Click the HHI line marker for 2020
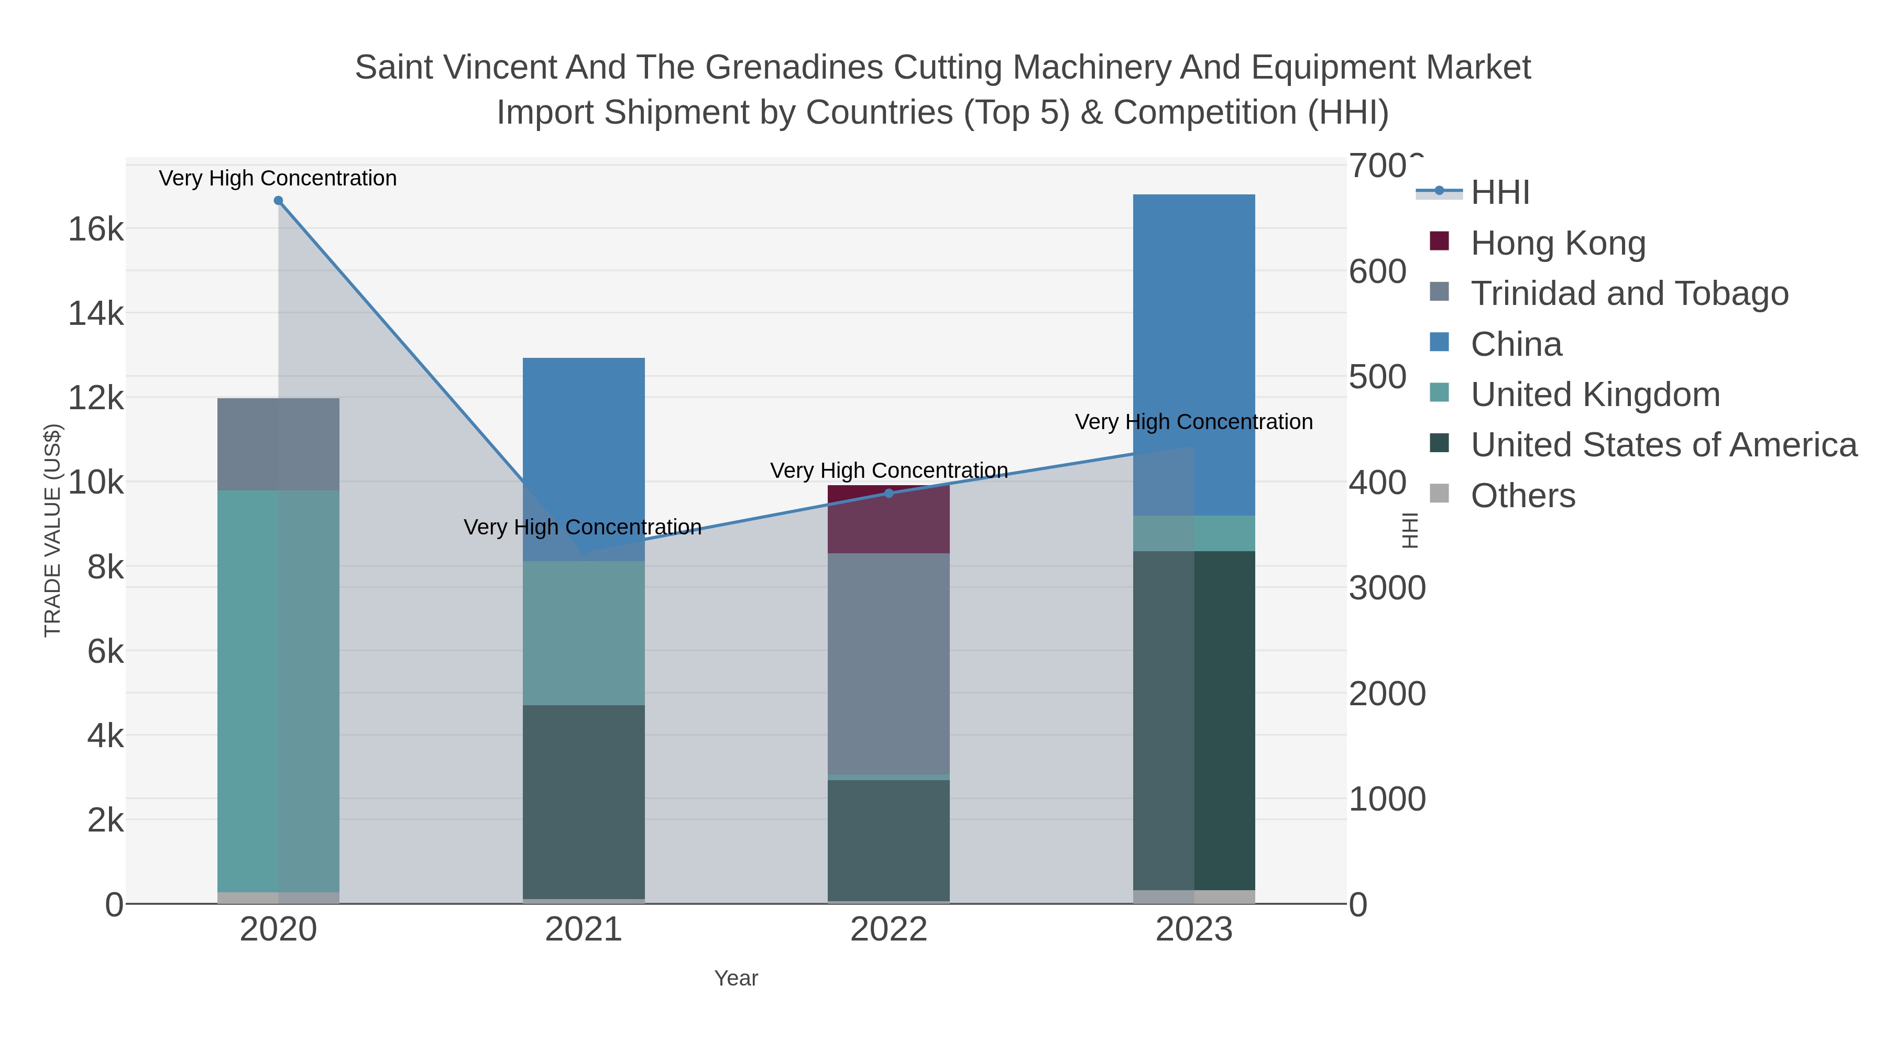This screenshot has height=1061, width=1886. [278, 201]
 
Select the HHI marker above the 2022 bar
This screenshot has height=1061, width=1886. [889, 494]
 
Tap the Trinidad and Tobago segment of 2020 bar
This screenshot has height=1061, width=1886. [278, 444]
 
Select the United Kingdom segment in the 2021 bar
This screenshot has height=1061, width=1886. [584, 633]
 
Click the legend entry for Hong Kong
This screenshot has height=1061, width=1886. [1558, 243]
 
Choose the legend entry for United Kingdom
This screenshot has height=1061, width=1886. [1595, 395]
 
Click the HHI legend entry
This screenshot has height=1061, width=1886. [1499, 193]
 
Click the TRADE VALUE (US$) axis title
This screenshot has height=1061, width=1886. [53, 530]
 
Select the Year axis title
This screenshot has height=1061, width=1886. [736, 978]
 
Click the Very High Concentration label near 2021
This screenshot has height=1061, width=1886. [583, 527]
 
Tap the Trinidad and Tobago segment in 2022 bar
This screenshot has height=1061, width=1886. [889, 663]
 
